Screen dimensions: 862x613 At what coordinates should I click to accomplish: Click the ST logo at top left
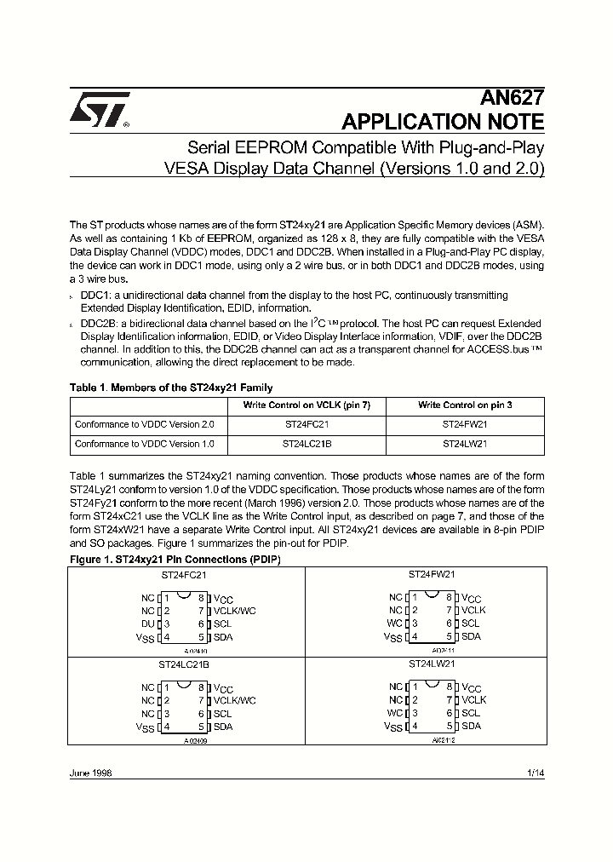tap(99, 109)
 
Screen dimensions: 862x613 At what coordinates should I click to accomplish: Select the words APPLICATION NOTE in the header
tap(443, 122)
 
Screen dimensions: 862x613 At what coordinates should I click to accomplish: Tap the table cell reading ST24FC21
tap(306, 423)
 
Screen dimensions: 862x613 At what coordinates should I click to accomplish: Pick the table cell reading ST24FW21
tap(465, 423)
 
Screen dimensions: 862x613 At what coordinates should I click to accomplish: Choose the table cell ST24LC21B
tap(306, 444)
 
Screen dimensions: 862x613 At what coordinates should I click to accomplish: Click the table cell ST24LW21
tap(465, 444)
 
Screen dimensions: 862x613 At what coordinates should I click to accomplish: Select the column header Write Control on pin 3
tap(465, 405)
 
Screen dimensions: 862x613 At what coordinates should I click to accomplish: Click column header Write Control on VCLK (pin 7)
tap(306, 405)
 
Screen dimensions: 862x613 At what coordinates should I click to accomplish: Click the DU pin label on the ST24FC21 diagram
tap(148, 624)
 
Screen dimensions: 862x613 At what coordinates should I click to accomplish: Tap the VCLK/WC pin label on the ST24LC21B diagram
tap(234, 700)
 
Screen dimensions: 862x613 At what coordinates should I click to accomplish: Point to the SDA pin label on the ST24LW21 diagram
tap(471, 726)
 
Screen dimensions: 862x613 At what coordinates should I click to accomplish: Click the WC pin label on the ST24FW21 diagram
tap(395, 623)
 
